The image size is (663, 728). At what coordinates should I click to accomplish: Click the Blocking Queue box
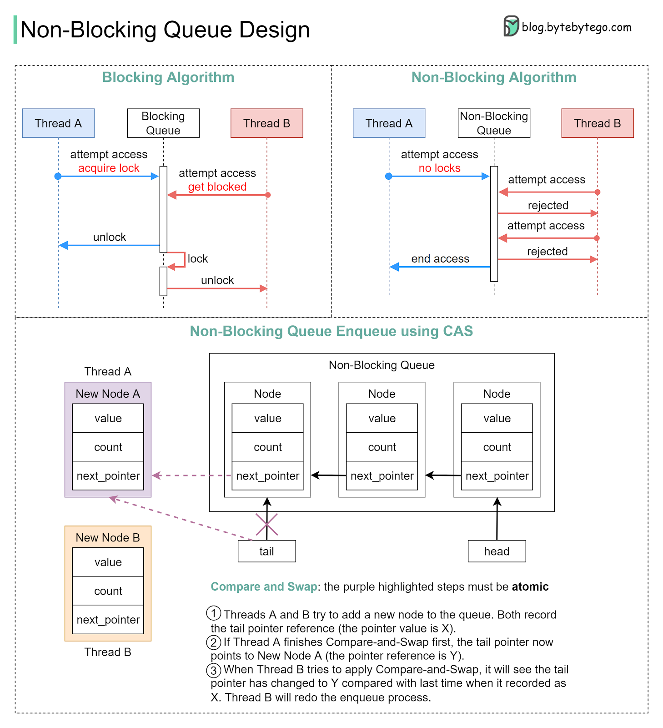pos(163,123)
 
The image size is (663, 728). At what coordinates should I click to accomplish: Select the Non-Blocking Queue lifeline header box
pos(494,123)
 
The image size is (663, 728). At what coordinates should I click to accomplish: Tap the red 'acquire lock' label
pos(109,168)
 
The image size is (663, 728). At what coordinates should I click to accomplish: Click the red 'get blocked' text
pos(217,187)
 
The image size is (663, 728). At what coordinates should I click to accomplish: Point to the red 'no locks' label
pos(439,168)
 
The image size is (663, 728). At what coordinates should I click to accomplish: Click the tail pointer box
pos(266,551)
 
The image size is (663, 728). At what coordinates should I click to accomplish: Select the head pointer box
pos(497,551)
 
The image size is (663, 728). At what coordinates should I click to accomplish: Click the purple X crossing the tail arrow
pos(266,525)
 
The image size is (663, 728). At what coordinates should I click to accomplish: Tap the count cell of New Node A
pos(108,447)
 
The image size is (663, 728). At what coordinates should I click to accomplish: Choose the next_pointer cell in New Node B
pos(108,620)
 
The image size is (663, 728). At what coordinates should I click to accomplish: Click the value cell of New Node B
pos(108,562)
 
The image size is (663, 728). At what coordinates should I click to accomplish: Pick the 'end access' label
pos(440,259)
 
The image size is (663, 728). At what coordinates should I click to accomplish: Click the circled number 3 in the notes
pos(214,670)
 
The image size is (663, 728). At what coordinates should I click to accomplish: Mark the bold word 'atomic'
pos(530,587)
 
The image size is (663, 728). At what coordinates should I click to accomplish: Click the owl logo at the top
pos(512,26)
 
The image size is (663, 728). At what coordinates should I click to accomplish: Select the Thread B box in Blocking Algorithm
pos(266,123)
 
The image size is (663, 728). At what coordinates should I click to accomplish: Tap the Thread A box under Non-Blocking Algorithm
pos(389,123)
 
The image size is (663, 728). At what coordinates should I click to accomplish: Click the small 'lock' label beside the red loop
pos(197,259)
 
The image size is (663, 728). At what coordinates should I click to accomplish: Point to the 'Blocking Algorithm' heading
pos(168,77)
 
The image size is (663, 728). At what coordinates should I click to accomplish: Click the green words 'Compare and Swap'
pos(264,587)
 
